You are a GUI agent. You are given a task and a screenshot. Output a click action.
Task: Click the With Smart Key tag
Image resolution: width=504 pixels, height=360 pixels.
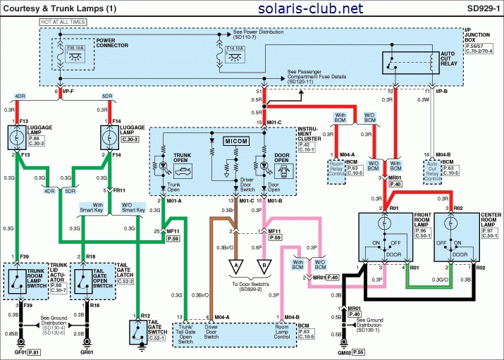coord(90,207)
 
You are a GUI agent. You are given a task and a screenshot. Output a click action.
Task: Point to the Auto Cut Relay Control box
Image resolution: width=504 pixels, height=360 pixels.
coord(432,170)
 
